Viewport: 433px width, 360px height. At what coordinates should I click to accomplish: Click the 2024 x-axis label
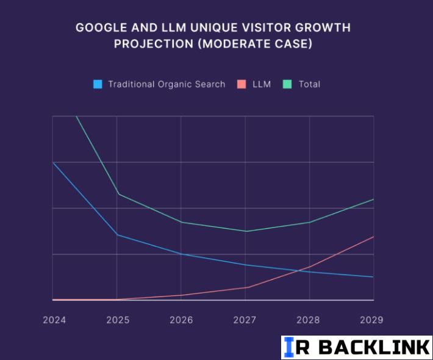(54, 320)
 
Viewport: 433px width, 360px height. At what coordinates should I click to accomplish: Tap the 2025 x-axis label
(117, 320)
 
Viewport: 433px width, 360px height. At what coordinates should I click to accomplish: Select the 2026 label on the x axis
(181, 320)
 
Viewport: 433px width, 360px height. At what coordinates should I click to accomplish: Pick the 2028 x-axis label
(309, 320)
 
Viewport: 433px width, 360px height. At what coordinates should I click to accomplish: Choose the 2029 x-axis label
(371, 320)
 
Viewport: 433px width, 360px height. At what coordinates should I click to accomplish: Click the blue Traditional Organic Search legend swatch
(98, 84)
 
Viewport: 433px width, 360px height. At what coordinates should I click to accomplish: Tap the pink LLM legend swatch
(242, 84)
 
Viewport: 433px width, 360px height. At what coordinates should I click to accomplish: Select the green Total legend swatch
(288, 84)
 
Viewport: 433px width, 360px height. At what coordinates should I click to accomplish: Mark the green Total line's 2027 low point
(246, 231)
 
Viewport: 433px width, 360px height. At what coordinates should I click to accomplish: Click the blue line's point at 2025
(117, 235)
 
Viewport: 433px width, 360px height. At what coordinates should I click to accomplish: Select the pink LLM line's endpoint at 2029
(373, 237)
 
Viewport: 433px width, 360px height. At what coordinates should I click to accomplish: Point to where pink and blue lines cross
(300, 270)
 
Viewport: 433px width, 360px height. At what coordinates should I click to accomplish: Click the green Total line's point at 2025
(117, 194)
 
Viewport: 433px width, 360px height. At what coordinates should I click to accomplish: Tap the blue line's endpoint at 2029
(373, 277)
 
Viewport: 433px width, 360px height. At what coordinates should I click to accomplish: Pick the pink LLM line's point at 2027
(246, 287)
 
